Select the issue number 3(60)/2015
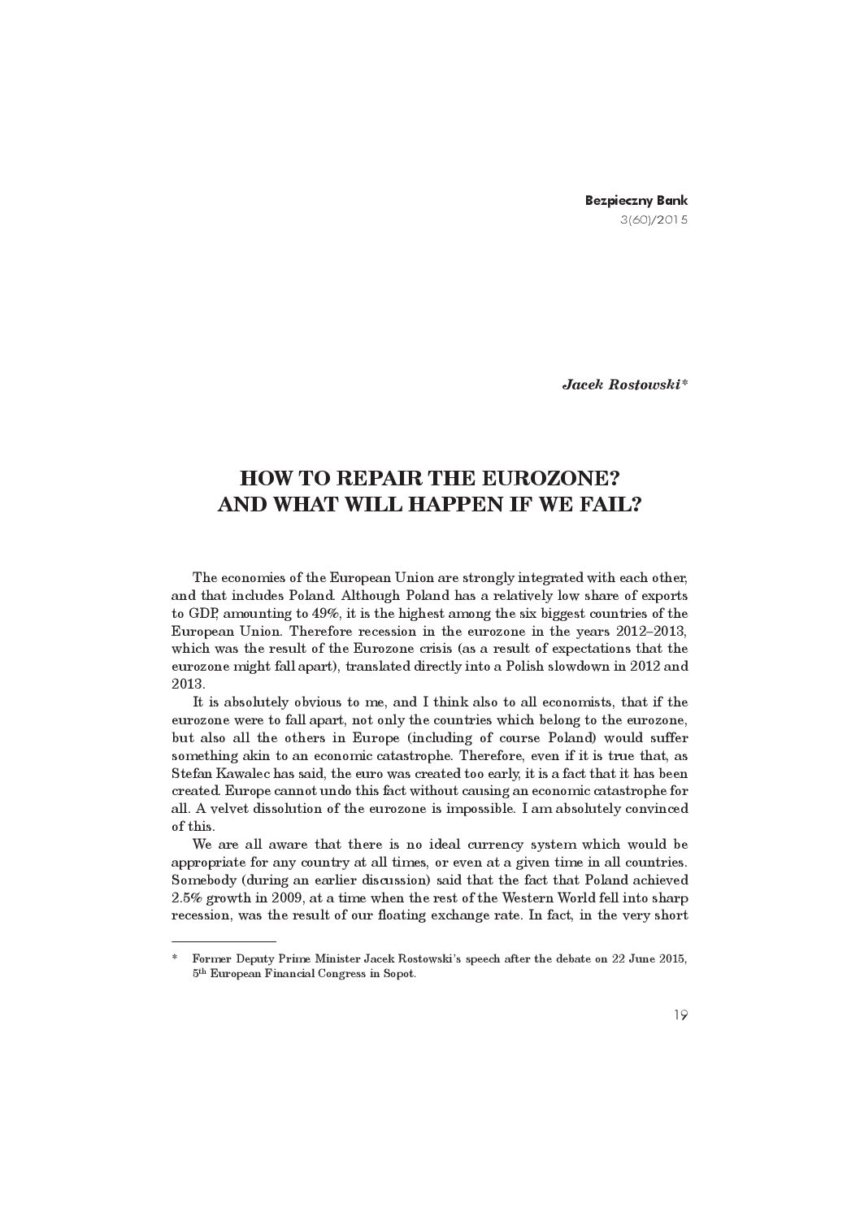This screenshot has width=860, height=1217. (654, 219)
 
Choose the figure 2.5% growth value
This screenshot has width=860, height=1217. (187, 898)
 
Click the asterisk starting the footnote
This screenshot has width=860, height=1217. (175, 959)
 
